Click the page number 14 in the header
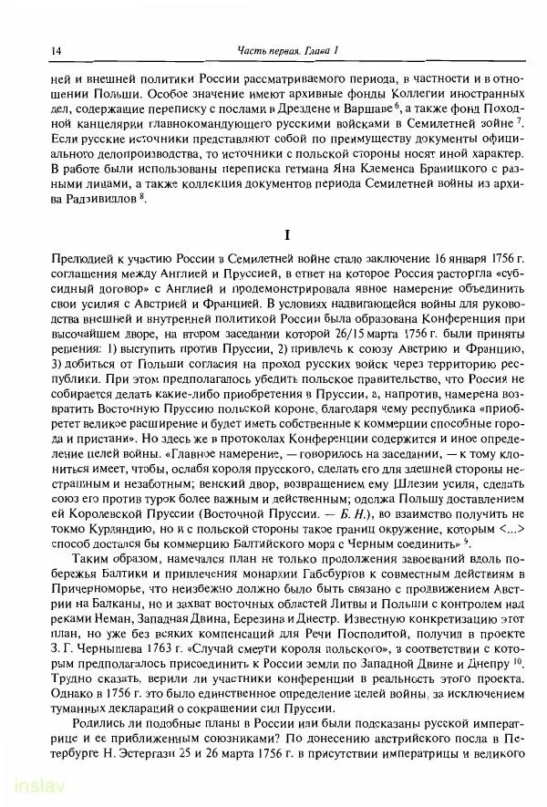tap(32, 50)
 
